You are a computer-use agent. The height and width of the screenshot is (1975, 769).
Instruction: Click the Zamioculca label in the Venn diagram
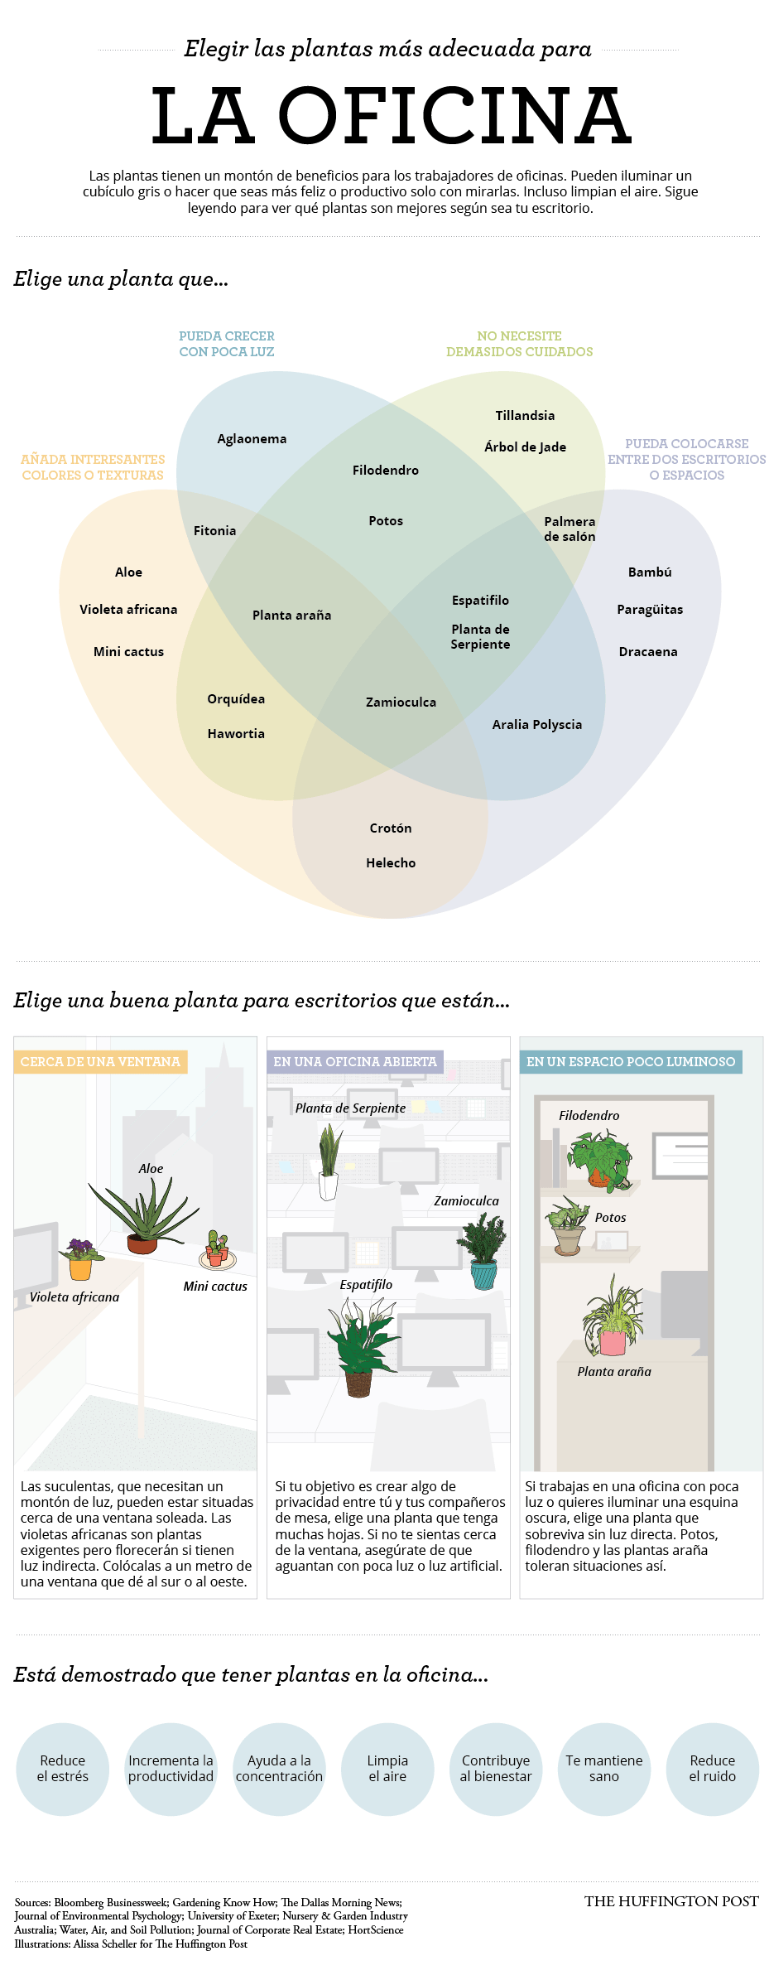401,702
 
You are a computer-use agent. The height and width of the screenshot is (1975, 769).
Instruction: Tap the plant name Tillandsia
525,415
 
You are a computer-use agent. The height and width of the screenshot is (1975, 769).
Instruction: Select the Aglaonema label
252,439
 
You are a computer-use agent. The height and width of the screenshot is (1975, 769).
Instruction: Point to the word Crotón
391,828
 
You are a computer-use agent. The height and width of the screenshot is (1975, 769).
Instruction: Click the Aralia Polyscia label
537,725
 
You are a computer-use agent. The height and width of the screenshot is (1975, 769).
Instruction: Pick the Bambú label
650,572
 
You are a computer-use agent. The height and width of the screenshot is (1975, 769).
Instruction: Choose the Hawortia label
236,733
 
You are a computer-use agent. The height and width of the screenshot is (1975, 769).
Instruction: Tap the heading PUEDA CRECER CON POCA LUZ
227,344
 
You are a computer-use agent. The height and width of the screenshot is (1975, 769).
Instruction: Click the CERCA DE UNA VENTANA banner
100,1061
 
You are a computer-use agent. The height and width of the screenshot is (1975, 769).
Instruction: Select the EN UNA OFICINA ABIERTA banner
355,1061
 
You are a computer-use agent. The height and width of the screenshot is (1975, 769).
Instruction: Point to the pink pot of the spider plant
613,1342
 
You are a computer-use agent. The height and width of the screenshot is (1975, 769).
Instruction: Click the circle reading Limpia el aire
387,1769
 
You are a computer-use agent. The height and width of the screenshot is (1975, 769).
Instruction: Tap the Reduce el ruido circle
713,1769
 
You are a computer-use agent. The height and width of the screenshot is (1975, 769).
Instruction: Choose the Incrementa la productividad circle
171,1769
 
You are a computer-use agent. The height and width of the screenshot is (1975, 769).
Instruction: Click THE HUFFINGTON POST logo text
671,1901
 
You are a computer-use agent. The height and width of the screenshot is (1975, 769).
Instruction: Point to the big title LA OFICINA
392,116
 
